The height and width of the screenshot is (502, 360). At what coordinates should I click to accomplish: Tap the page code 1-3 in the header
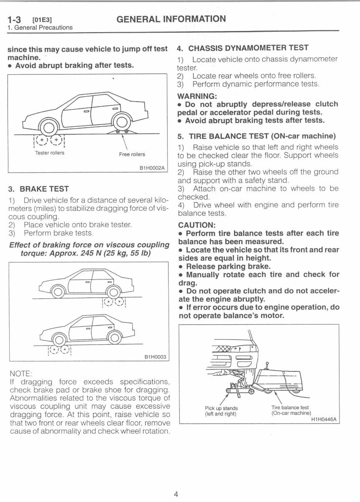pyautogui.click(x=15, y=20)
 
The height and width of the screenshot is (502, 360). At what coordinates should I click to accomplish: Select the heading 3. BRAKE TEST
pyautogui.click(x=38, y=189)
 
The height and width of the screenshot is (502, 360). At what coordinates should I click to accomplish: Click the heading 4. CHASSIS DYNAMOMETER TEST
pyautogui.click(x=243, y=48)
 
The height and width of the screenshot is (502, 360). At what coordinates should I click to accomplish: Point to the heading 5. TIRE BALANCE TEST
pyautogui.click(x=257, y=136)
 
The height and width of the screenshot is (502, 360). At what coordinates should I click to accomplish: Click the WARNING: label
pyautogui.click(x=195, y=96)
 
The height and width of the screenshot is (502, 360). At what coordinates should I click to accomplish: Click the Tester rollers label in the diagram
pyautogui.click(x=50, y=153)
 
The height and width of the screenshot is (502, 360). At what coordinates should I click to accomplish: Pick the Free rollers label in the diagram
pyautogui.click(x=132, y=154)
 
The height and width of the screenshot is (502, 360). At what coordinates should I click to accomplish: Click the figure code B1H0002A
pyautogui.click(x=153, y=168)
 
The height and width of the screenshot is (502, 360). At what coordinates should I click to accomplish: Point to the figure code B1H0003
pyautogui.click(x=155, y=357)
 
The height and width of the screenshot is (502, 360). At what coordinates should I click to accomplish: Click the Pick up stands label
pyautogui.click(x=221, y=408)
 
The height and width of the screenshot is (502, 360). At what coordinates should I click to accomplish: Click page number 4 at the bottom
pyautogui.click(x=176, y=494)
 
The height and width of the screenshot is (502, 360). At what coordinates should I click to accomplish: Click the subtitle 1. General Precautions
pyautogui.click(x=40, y=28)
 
